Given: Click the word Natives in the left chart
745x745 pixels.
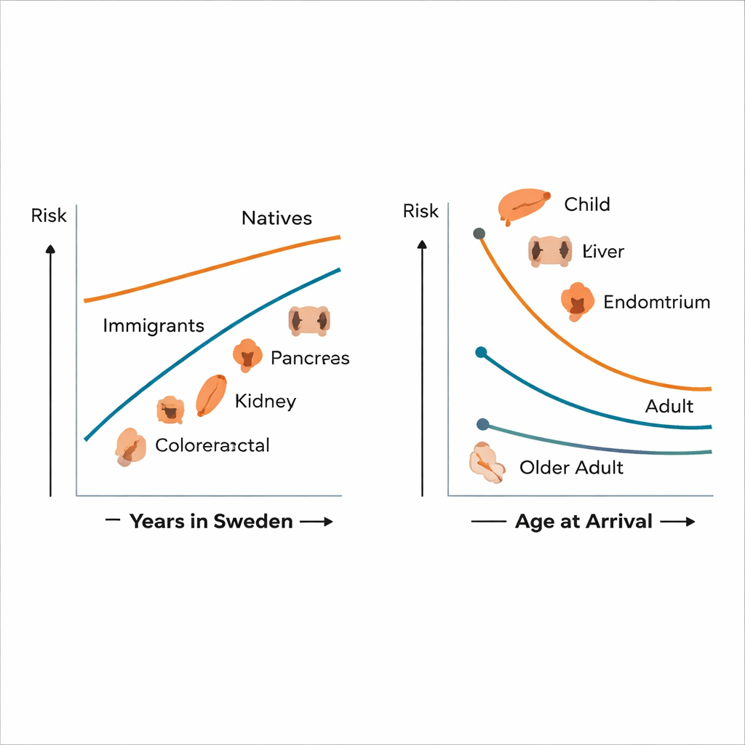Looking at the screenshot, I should coord(276,218).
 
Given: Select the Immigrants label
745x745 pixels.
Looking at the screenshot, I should coord(154,325).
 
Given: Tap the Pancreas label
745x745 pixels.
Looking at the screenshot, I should coord(310,358).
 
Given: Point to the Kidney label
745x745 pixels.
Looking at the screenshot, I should coord(266,401).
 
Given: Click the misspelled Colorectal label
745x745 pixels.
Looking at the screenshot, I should coord(212,445).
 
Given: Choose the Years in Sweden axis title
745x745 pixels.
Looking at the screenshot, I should coord(211,521).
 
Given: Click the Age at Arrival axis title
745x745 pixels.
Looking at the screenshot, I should coord(583,521).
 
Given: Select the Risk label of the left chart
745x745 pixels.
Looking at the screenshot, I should coord(49,215).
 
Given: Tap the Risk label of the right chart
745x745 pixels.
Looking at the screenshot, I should coord(421,211).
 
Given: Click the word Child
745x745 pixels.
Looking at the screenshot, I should coord(587,204).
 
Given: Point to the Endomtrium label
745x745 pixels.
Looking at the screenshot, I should coord(657,302).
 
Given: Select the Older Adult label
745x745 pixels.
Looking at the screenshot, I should coord(571,467).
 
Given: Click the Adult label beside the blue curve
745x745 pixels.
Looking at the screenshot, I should coord(669,406).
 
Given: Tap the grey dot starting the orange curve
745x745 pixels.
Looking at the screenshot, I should coord(479,234).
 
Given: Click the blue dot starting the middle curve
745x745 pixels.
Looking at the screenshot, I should coord(480,352).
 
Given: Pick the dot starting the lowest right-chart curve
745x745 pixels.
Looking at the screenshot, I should coord(482,424).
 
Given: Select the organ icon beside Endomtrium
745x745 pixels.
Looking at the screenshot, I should coord(577,301).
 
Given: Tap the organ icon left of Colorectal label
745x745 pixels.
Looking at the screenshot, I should coord(129,446).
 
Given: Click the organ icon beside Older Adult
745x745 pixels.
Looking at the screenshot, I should coord(487,463).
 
